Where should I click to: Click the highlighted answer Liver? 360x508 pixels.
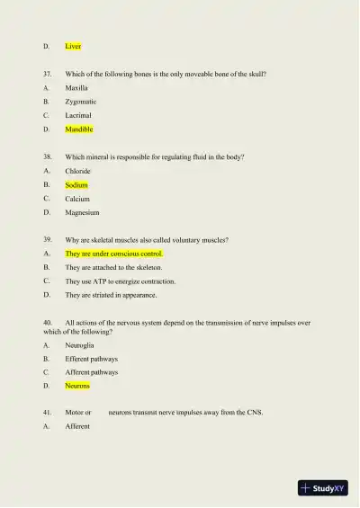coord(73,46)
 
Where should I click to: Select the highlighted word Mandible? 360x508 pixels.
coord(79,129)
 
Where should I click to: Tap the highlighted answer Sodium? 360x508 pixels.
coord(76,184)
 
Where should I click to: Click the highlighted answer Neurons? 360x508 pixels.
coord(77,386)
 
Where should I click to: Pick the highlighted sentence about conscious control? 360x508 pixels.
coord(113,254)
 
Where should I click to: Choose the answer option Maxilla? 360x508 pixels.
coord(76,88)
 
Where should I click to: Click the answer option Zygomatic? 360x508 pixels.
coord(81,102)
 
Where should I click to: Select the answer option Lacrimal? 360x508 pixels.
coord(78,116)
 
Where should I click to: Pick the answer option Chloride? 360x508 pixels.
coord(78,171)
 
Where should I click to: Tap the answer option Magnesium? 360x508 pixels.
coord(82,212)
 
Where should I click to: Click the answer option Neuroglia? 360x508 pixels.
coord(79,345)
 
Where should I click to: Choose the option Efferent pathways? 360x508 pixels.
coord(91,359)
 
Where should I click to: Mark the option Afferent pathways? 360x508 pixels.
coord(91,372)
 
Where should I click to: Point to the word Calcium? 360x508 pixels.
coord(77,199)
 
